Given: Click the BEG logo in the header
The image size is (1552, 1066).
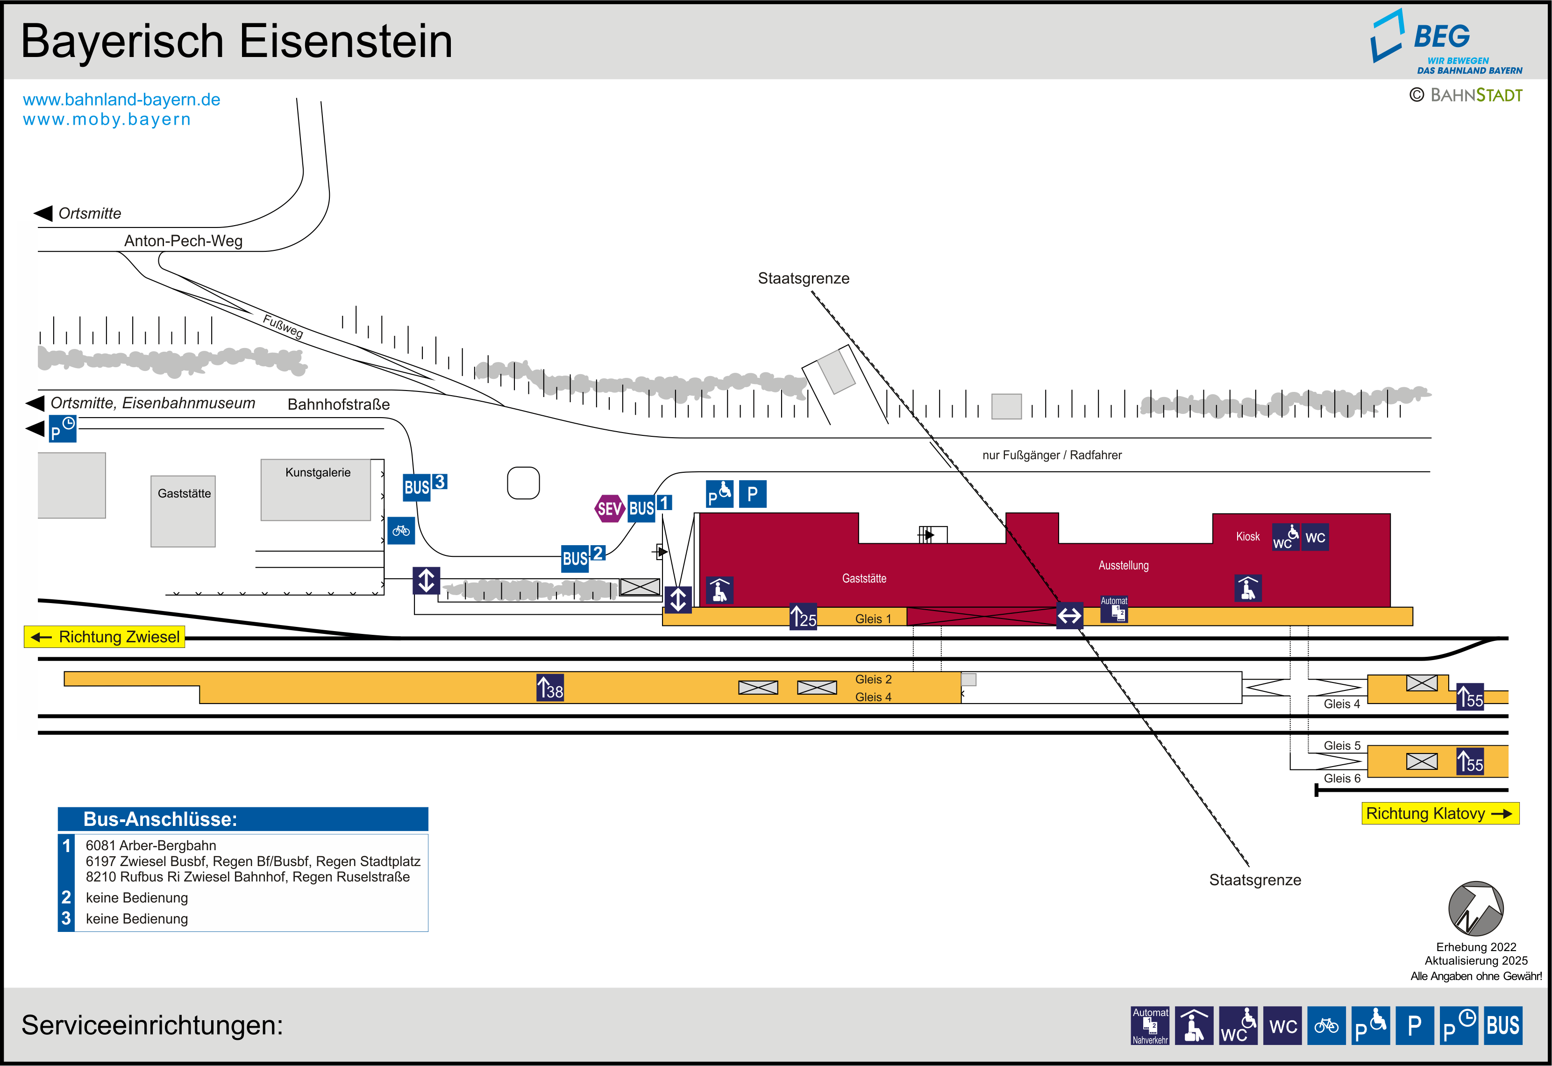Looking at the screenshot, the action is point(1446,42).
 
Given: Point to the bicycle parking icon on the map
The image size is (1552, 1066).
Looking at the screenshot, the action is point(401,530).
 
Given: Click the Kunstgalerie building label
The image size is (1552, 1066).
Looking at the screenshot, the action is point(318,472).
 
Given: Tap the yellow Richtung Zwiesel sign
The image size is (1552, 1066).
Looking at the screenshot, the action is point(105,637).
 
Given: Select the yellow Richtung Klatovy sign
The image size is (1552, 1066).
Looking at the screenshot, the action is point(1440,814).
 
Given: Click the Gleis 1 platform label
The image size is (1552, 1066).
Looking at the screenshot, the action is point(873,619).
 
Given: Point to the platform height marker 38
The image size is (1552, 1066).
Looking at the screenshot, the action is point(550,688).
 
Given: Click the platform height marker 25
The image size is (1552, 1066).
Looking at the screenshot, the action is point(804,617).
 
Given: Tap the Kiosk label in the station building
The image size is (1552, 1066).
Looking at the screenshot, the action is point(1247,536).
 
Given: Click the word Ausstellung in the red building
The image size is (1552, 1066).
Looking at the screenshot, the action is point(1123,565).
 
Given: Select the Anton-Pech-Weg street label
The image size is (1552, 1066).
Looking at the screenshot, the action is point(183,241).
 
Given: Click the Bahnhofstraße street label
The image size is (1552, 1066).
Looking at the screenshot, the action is point(339,404).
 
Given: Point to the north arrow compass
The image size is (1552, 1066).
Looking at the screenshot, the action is point(1476,909).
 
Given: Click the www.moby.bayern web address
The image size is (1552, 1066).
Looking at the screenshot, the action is point(107,120).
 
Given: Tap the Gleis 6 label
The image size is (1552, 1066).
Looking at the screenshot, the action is point(1342,778).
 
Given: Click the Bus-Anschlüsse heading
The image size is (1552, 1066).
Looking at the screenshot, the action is point(160,819).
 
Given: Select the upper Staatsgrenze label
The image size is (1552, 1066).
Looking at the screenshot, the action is point(804,278).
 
